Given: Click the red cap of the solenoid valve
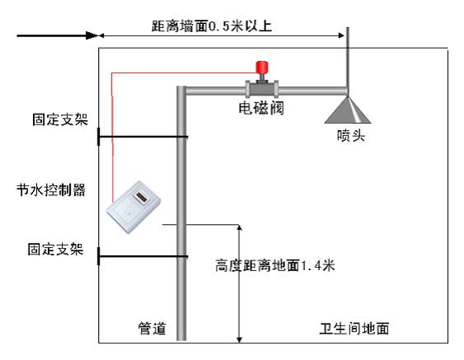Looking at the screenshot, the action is point(262,67).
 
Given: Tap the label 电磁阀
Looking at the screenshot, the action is point(261,108).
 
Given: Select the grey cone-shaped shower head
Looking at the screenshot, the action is point(348,110).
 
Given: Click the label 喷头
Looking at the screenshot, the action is point(350,136).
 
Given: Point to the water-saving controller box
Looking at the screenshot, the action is point(134,207).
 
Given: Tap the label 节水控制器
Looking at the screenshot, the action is point(51,190).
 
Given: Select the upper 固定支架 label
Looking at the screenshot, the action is point(60,119).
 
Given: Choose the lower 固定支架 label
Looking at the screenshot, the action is point(56,249).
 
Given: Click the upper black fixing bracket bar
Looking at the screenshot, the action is point(143,137).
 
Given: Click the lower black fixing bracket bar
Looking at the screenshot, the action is point(143,256).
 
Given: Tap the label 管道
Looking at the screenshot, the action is point(152,329).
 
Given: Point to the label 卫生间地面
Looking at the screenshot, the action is point(354,329).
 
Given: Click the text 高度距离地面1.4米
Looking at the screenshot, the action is point(275,265).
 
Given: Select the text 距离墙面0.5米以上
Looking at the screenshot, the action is point(212,26).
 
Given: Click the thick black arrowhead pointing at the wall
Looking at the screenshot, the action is point(91,35).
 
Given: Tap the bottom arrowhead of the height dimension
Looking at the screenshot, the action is point(240,339).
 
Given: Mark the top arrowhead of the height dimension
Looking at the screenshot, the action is point(240,228).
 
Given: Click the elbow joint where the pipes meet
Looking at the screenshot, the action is point(181,91).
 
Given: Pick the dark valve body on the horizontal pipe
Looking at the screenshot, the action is point(262,89).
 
